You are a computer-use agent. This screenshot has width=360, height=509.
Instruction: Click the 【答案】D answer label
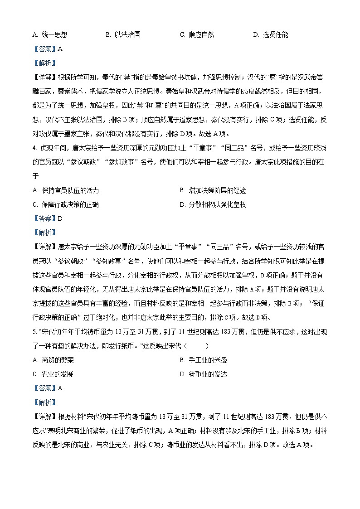[47, 218]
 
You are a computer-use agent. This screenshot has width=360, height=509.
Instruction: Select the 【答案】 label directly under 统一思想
[44, 49]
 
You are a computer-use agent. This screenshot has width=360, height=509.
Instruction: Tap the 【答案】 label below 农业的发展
[44, 388]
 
